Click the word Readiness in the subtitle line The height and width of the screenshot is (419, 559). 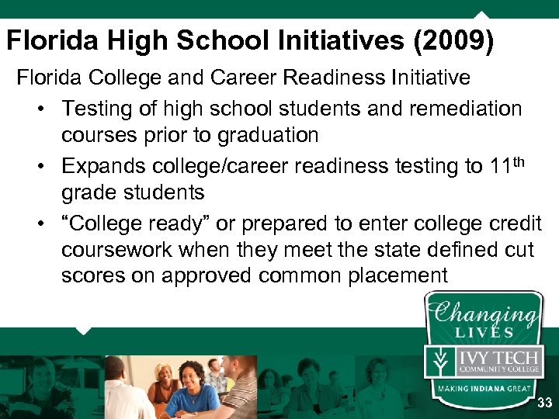(x=346, y=78)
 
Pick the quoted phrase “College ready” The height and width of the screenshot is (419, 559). (x=136, y=224)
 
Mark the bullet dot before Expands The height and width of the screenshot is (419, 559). (x=43, y=166)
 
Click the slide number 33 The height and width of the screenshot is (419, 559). (x=544, y=403)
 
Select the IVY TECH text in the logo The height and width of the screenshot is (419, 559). (x=498, y=356)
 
